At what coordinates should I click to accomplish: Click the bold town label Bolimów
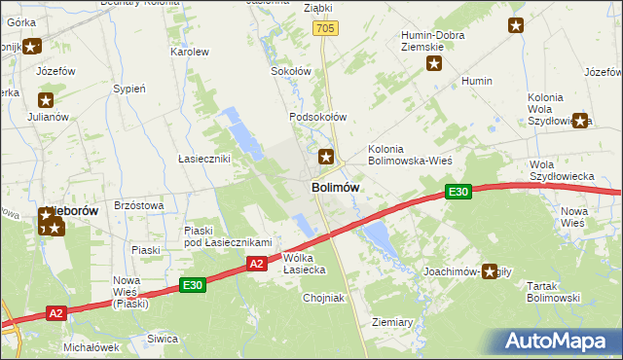tap(337, 187)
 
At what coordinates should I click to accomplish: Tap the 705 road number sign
tap(326, 30)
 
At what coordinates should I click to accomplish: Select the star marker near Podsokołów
tap(327, 155)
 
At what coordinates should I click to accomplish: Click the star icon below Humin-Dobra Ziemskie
tap(434, 64)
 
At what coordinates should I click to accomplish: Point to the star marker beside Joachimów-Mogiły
tap(490, 272)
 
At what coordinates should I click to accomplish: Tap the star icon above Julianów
tap(45, 98)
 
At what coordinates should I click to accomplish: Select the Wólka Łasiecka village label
tap(304, 264)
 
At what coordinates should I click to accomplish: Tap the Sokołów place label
tap(290, 71)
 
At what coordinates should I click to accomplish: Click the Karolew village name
tap(190, 52)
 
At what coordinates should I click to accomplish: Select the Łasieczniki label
tap(203, 159)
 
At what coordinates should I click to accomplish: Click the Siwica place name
tap(163, 339)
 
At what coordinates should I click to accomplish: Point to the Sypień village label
tap(129, 89)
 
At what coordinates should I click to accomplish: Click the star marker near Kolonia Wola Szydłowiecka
tap(581, 121)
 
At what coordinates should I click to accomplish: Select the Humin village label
tap(477, 81)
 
